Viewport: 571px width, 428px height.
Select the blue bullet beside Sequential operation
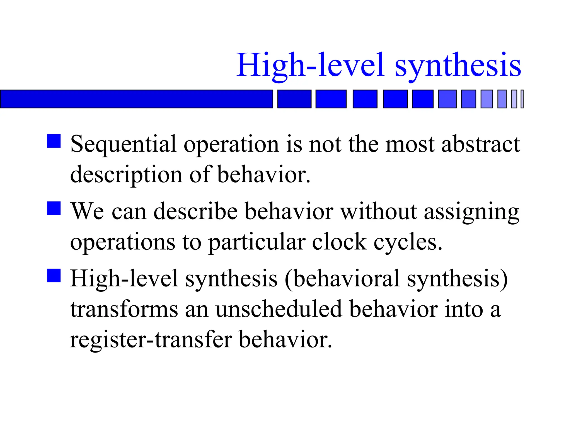coord(54,141)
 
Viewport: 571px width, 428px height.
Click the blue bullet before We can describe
coord(54,208)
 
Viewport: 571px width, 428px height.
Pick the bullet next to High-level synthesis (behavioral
coord(54,276)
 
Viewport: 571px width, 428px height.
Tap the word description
coord(126,175)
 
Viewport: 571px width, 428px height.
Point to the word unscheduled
coord(279,309)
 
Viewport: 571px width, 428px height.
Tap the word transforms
coord(124,310)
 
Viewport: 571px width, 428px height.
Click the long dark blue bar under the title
coord(136,99)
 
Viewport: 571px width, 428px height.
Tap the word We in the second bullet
coord(87,212)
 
